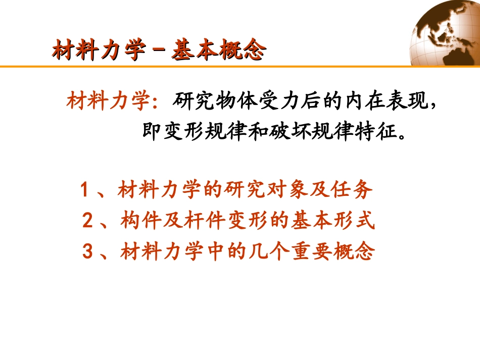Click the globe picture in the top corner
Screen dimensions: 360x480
coord(448,32)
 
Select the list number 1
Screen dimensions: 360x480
coord(85,191)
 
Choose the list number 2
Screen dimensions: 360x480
coord(87,221)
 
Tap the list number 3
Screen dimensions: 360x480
coord(87,251)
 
